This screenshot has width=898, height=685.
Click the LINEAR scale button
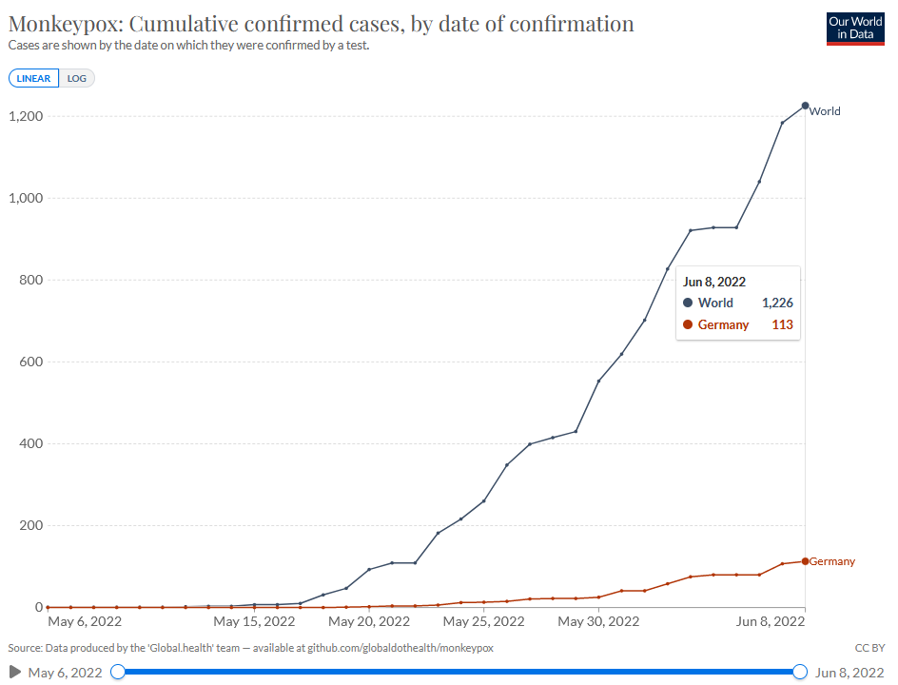[34, 78]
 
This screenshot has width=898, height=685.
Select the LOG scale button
[77, 78]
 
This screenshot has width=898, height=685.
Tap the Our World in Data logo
[855, 29]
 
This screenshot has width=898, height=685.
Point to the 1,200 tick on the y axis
[26, 116]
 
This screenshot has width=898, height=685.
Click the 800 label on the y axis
[31, 280]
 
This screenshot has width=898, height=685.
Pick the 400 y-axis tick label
[31, 444]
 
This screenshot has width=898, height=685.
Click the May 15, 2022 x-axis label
[254, 621]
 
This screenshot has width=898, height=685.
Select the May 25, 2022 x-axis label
[484, 621]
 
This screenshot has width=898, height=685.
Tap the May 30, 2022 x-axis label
[598, 621]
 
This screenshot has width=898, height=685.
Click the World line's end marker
[805, 106]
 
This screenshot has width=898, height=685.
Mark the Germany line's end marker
[805, 561]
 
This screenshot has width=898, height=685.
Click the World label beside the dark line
[825, 111]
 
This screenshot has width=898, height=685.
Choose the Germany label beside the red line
[832, 561]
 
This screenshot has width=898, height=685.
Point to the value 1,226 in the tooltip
[777, 303]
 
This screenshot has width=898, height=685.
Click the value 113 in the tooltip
[782, 324]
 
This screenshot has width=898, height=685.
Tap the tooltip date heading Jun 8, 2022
[714, 282]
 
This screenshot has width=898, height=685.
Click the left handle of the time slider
[118, 672]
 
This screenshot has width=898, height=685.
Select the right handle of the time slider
[800, 672]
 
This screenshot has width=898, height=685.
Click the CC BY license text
[869, 648]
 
